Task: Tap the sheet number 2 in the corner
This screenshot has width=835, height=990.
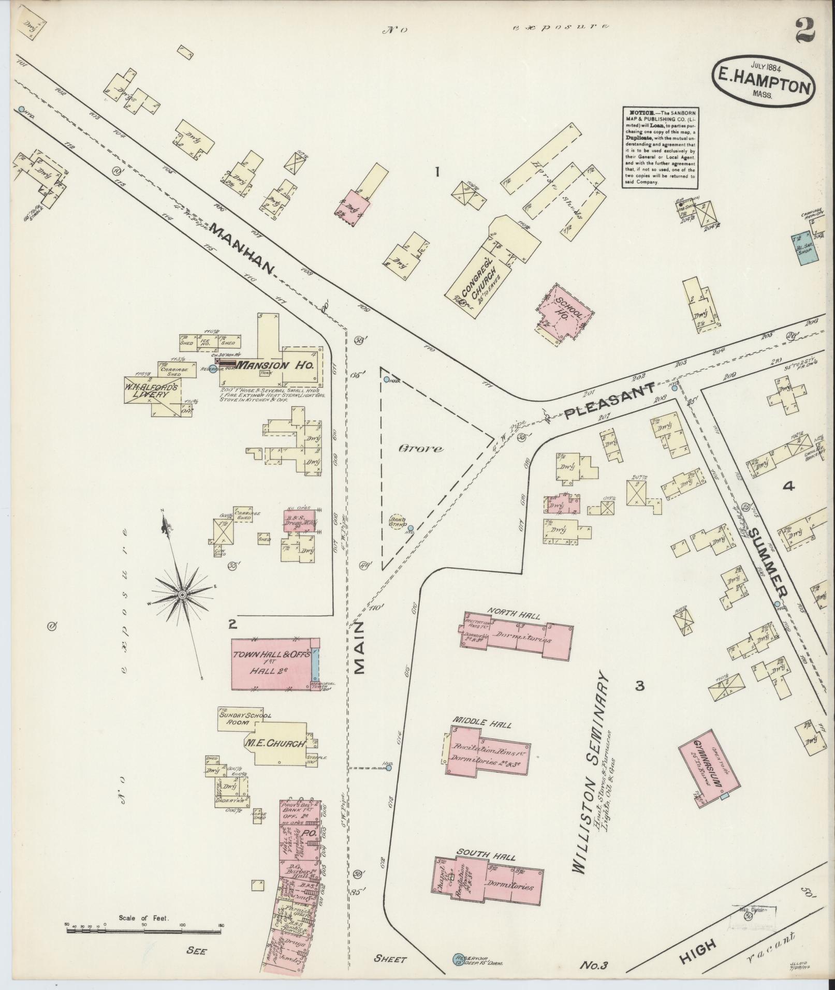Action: click(803, 31)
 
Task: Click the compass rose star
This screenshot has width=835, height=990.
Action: click(182, 596)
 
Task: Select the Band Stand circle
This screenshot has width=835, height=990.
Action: click(398, 523)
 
